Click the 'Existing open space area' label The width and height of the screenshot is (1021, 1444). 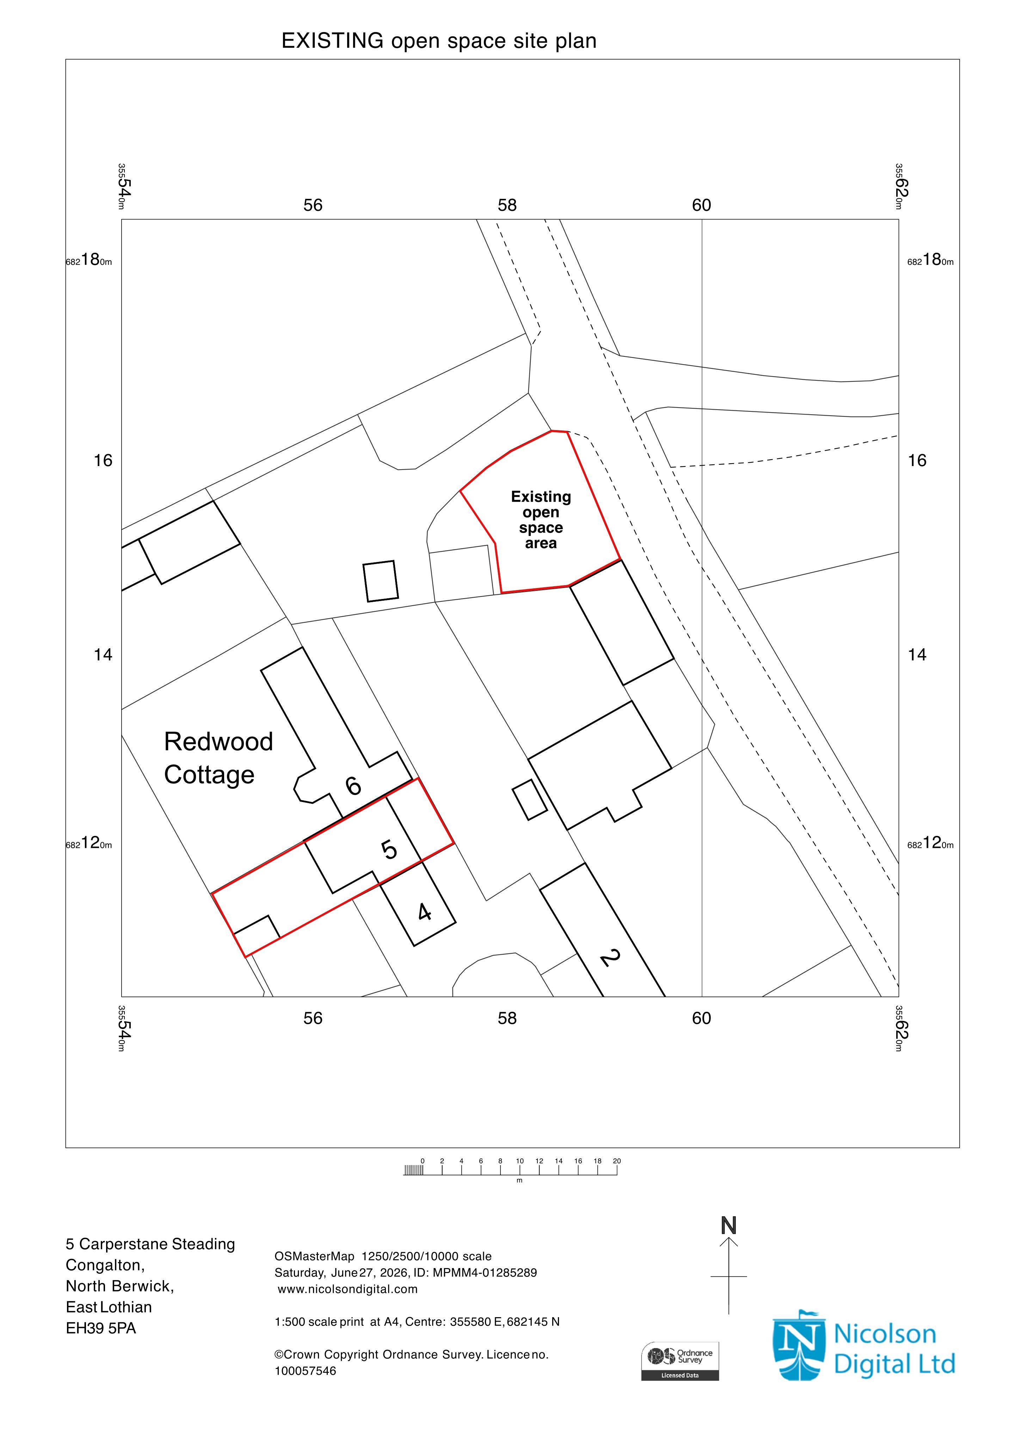pyautogui.click(x=541, y=520)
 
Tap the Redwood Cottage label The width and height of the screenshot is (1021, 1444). pyautogui.click(x=218, y=758)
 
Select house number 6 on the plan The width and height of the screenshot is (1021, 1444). pyautogui.click(x=353, y=785)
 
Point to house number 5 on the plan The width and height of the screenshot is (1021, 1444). pyautogui.click(x=390, y=850)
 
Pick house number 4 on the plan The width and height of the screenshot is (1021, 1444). pyautogui.click(x=425, y=911)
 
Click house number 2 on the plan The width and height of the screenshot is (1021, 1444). pyautogui.click(x=610, y=958)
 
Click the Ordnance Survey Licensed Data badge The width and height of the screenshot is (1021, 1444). pyautogui.click(x=679, y=1362)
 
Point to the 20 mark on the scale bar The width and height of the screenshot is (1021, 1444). pyautogui.click(x=617, y=1161)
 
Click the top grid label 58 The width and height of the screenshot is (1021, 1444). pyautogui.click(x=508, y=205)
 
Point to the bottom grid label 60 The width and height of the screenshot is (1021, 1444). pyautogui.click(x=702, y=1018)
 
